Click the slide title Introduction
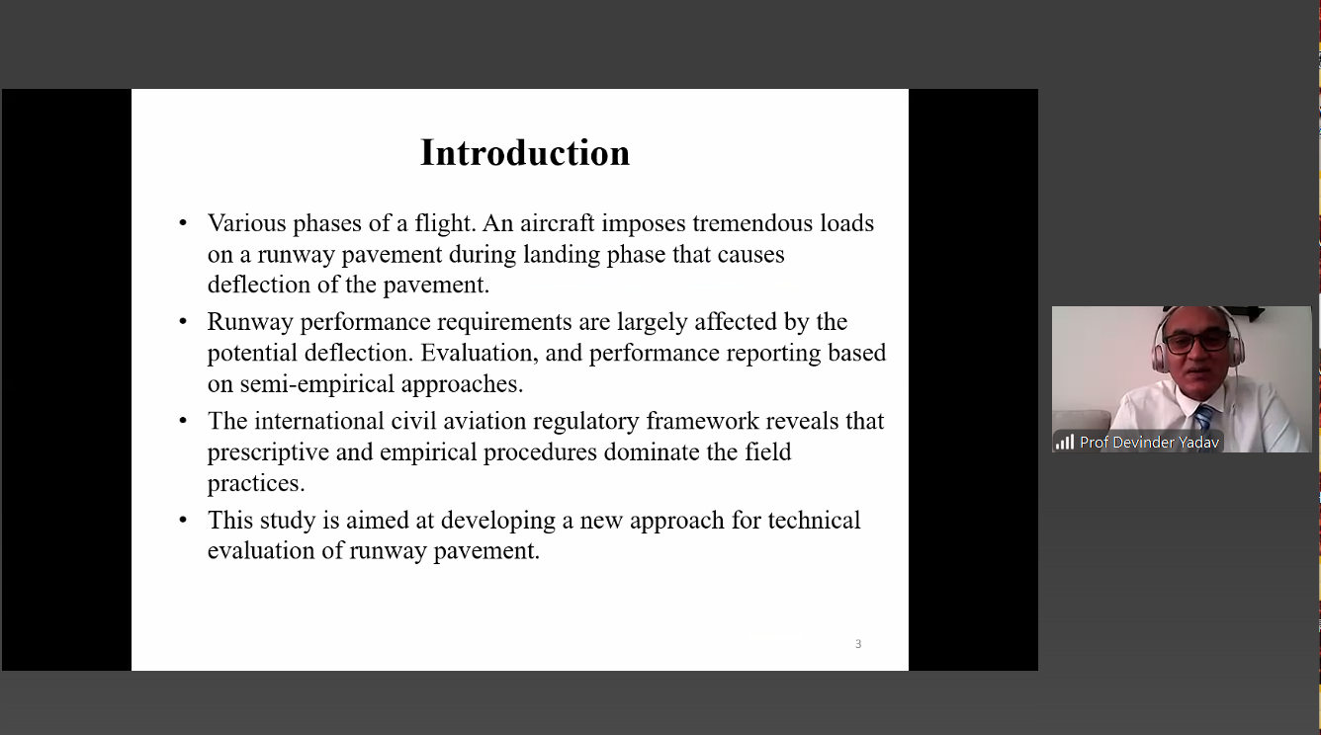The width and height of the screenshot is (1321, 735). tap(525, 153)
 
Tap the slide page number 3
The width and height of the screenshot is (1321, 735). tap(858, 644)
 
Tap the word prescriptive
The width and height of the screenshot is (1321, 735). tap(262, 452)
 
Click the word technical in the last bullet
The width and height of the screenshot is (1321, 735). tap(814, 520)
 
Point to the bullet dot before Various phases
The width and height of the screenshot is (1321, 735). tap(183, 223)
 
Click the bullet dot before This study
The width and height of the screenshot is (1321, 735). tap(183, 520)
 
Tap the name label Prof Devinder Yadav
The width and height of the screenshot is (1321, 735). tap(1149, 443)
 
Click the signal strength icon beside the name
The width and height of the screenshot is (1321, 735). tap(1064, 442)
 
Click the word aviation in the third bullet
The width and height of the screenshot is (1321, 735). tap(484, 421)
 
